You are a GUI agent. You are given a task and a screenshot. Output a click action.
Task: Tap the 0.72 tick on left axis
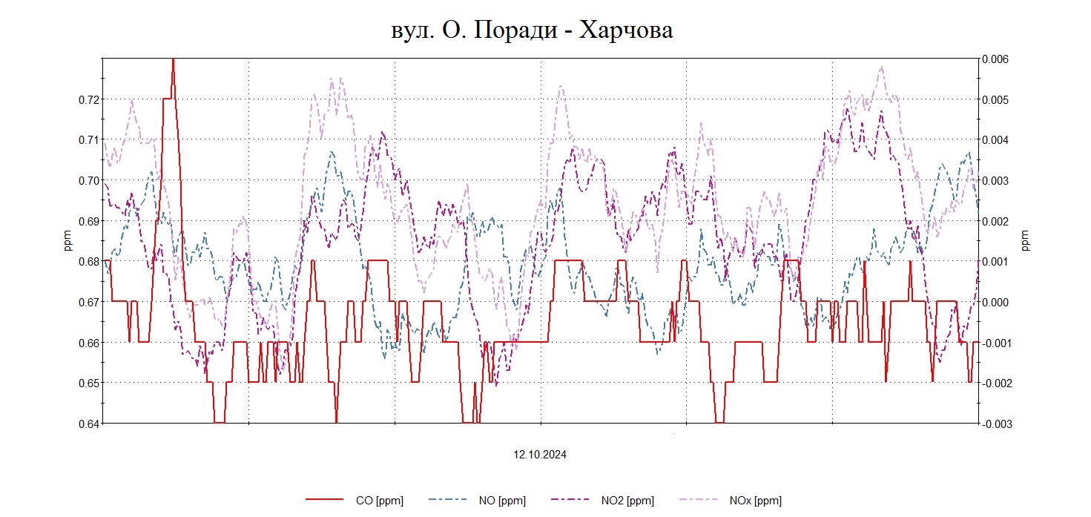coord(88,99)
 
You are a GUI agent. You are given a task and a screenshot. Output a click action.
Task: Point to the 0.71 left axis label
coord(88,139)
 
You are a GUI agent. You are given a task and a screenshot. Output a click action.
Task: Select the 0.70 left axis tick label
coord(88,180)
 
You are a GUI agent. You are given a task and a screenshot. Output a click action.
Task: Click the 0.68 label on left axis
coord(88,261)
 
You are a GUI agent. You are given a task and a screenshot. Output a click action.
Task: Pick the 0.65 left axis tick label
coord(88,383)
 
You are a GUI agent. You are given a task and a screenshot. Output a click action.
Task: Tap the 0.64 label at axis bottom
coord(88,424)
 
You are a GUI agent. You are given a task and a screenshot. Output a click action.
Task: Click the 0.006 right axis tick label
coord(996,59)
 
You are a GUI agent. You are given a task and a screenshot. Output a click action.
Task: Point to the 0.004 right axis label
coord(996,139)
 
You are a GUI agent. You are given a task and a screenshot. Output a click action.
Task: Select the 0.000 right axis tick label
coord(996,302)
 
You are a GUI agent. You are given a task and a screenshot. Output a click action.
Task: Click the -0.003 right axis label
coord(995,424)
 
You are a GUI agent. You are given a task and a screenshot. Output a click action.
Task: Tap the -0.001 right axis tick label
coord(995,343)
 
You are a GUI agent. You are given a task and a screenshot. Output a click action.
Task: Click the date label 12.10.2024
coord(541,455)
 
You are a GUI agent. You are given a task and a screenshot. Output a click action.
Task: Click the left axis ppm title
coord(68,241)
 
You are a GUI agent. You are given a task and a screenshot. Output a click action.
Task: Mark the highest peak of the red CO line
coord(173,60)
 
